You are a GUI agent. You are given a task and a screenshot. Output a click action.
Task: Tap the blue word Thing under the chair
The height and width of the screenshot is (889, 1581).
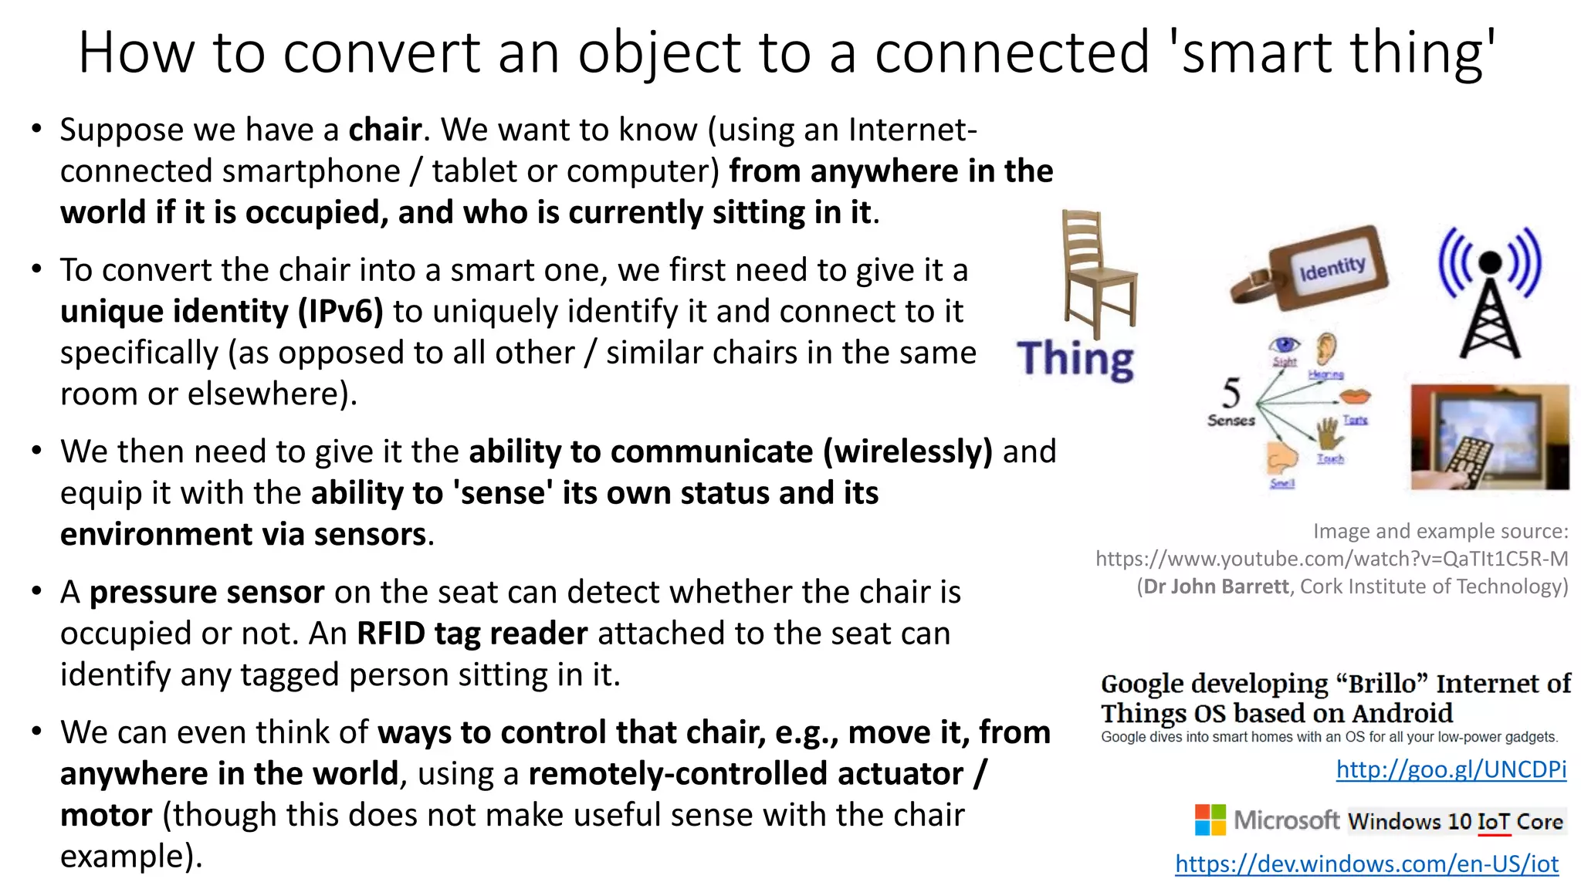(1075, 360)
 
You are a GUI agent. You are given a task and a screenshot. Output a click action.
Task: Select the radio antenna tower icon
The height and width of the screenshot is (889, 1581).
(1490, 293)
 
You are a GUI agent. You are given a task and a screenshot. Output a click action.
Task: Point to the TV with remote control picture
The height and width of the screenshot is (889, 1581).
(1490, 437)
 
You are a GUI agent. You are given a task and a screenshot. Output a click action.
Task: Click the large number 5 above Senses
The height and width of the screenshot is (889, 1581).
(1231, 393)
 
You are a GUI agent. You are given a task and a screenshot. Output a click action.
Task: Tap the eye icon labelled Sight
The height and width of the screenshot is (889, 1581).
(1285, 344)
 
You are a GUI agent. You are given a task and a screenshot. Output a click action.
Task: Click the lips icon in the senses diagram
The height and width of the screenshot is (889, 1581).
(1355, 397)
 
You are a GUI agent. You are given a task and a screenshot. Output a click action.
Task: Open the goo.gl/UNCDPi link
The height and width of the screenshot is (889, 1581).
(1451, 769)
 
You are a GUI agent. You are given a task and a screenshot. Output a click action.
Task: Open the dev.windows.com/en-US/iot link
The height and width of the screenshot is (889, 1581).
(1366, 864)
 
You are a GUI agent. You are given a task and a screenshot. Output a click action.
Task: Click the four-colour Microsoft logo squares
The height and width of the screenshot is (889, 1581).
(1210, 820)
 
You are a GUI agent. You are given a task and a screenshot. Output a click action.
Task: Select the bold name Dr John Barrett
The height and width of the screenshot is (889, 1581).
(1216, 586)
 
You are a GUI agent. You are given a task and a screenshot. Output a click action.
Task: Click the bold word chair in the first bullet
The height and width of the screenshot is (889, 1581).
(385, 130)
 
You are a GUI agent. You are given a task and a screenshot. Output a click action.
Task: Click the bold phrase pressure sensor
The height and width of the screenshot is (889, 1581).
(207, 593)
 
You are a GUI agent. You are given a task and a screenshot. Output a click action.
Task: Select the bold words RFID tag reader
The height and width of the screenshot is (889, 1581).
(472, 634)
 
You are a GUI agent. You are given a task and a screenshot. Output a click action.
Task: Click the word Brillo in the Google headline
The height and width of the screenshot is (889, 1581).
(1383, 684)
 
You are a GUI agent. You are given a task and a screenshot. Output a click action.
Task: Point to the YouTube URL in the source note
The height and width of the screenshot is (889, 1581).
(1332, 559)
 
